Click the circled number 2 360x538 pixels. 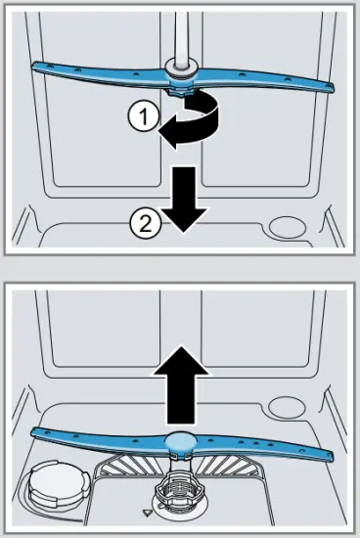click(143, 224)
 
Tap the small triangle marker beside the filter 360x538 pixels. click(146, 511)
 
